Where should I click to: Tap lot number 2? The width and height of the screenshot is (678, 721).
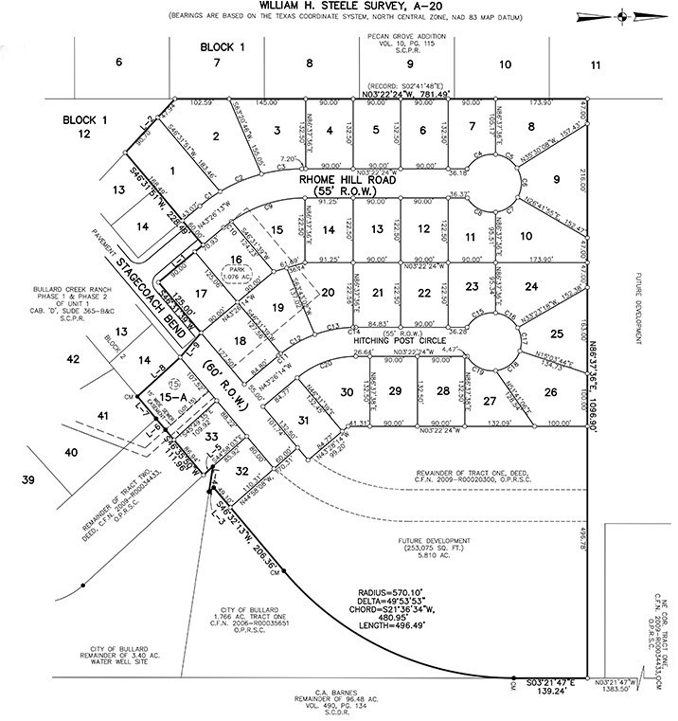click(x=216, y=137)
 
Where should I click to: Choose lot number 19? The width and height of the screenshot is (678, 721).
click(x=277, y=308)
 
